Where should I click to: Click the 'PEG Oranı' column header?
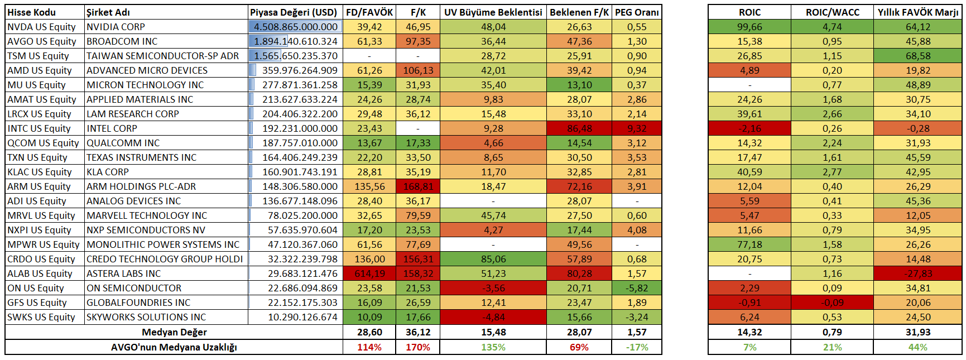click(x=637, y=12)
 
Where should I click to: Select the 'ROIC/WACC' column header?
click(x=832, y=12)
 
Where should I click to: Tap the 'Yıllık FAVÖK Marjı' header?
click(x=917, y=12)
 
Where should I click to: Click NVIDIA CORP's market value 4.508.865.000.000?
click(x=295, y=27)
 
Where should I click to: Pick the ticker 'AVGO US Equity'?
click(x=42, y=41)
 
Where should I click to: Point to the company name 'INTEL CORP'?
click(x=112, y=128)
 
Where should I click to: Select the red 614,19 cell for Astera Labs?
click(x=369, y=273)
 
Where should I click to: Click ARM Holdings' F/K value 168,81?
click(x=418, y=186)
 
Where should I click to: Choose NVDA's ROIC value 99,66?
click(x=749, y=27)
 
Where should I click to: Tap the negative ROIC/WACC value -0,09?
click(x=832, y=303)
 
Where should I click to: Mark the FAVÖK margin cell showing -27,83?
click(x=917, y=273)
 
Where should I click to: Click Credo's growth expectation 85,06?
click(x=493, y=259)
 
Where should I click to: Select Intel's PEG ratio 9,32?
click(x=637, y=128)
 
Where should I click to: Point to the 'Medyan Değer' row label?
click(x=174, y=332)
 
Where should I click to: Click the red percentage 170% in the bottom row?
click(x=418, y=347)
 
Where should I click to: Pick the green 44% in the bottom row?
click(x=917, y=347)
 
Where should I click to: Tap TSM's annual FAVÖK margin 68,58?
click(x=917, y=56)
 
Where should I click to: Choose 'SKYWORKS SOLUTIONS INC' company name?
click(x=146, y=317)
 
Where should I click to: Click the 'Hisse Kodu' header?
click(x=31, y=12)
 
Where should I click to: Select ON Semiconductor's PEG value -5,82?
click(x=637, y=288)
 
